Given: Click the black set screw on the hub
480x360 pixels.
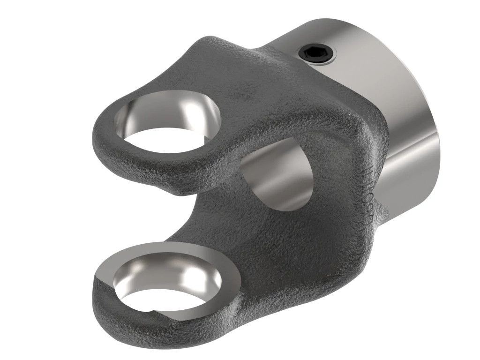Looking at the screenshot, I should (x=317, y=55).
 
